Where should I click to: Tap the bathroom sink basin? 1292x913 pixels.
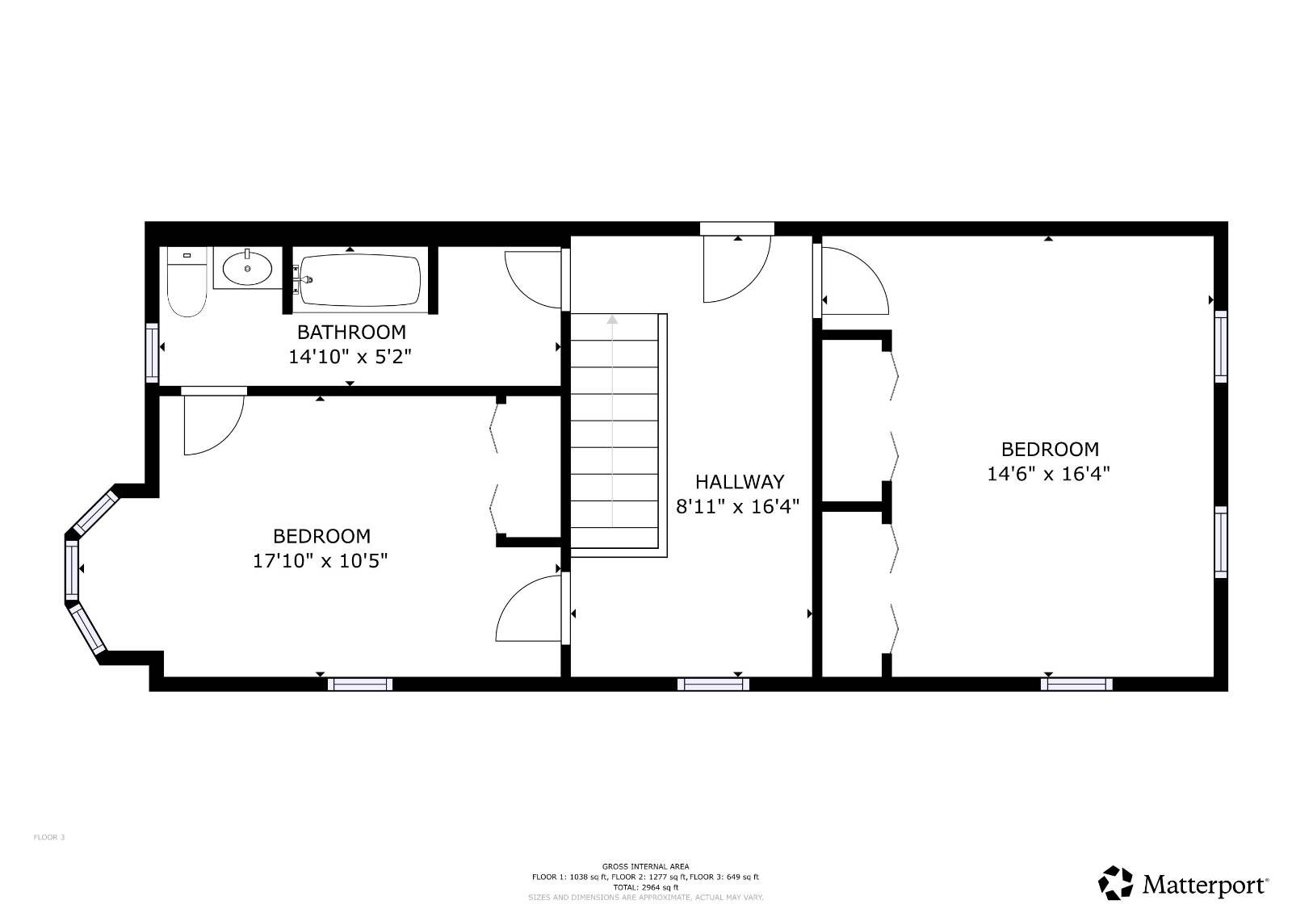point(247,268)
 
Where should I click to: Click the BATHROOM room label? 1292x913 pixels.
point(351,332)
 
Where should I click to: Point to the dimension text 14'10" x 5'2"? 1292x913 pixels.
point(350,356)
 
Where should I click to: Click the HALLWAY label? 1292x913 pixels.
point(739,482)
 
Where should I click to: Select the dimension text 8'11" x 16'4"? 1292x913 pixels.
point(737,506)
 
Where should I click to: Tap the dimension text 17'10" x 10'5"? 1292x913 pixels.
point(321,560)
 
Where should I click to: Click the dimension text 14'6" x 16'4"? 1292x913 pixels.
point(1048,473)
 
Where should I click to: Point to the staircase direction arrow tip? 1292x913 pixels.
point(612,320)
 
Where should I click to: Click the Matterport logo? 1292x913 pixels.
point(1184,883)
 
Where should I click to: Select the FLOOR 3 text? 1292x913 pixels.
point(48,837)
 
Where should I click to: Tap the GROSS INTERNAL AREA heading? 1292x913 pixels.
point(645,866)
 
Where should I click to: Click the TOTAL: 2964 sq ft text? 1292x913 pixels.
point(645,886)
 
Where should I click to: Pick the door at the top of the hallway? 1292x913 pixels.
point(736,266)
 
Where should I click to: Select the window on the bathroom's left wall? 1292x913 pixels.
point(152,352)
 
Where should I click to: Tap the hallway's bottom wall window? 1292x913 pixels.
point(712,685)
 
